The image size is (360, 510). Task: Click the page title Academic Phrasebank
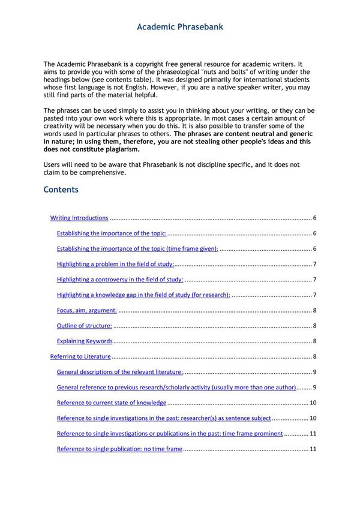pyautogui.click(x=180, y=27)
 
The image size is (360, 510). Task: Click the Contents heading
pyautogui.click(x=61, y=190)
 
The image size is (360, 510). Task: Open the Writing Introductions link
pyautogui.click(x=79, y=218)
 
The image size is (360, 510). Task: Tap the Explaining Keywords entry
pyautogui.click(x=85, y=341)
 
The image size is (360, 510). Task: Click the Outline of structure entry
pyautogui.click(x=85, y=326)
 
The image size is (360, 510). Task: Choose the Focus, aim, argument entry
pyautogui.click(x=87, y=310)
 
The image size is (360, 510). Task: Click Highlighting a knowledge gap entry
pyautogui.click(x=143, y=295)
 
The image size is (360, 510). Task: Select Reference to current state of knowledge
pyautogui.click(x=112, y=403)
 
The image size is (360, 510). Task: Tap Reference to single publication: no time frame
pyautogui.click(x=119, y=449)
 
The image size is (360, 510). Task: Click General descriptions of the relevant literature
pyautogui.click(x=120, y=372)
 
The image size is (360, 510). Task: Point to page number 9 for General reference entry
pyautogui.click(x=314, y=388)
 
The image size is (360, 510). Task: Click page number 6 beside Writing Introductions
pyautogui.click(x=314, y=218)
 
